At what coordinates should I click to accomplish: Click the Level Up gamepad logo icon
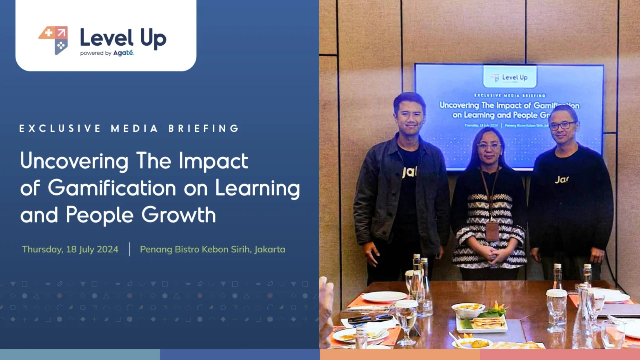53,40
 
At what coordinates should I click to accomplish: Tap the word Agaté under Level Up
123,53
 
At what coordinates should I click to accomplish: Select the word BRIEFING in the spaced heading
204,129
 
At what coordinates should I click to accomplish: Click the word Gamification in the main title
112,188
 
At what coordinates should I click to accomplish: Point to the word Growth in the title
178,215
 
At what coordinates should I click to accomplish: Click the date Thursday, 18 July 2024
70,249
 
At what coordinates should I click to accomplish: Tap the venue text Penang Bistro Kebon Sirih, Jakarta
212,249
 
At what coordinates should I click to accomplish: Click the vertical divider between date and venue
129,249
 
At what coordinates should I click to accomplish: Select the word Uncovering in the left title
74,161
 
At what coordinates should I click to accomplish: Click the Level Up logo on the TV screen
509,78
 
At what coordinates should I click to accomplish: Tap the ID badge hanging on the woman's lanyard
492,231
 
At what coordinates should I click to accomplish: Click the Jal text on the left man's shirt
409,172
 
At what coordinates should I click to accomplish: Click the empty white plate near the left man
384,296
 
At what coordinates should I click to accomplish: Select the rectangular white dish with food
482,324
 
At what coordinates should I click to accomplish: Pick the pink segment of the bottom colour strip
560,354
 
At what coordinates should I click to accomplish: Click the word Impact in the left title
213,161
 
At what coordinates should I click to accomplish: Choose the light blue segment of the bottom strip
80,354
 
